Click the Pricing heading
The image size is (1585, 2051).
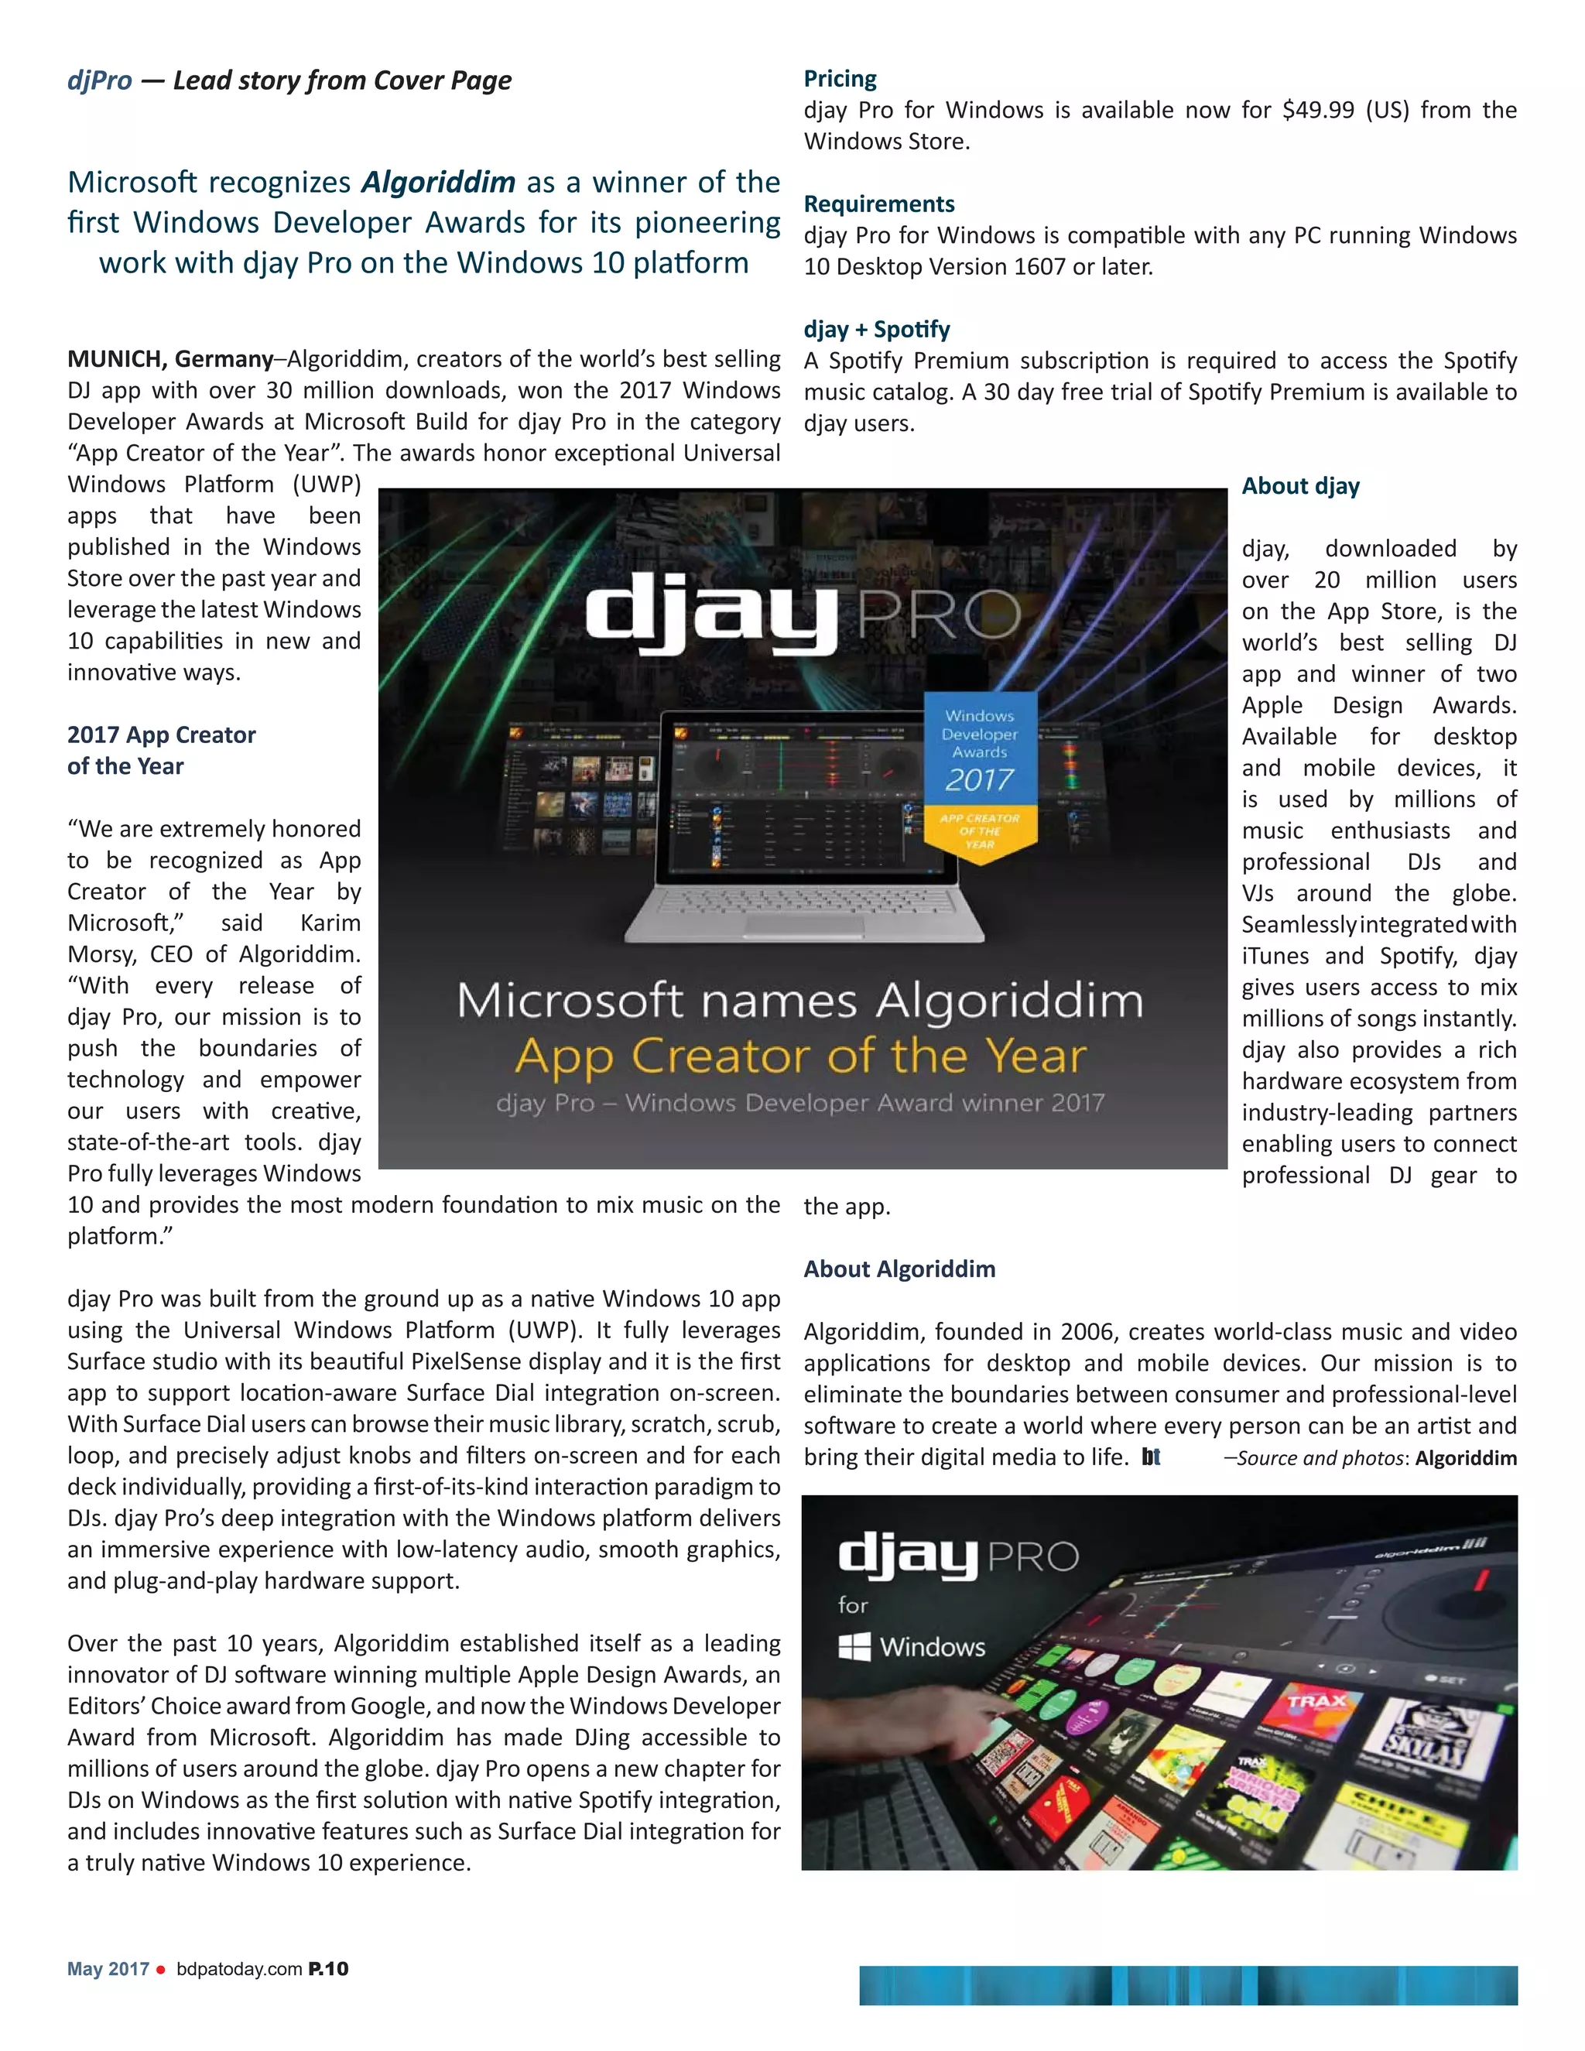click(840, 79)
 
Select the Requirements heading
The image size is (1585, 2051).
click(879, 204)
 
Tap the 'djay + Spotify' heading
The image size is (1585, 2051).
click(876, 330)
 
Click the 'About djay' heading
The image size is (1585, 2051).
click(1300, 485)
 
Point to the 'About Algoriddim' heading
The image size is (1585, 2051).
click(899, 1269)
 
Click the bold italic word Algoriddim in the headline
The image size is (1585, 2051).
click(439, 181)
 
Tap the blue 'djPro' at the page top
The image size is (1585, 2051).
click(100, 80)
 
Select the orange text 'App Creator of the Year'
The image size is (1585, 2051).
click(801, 1056)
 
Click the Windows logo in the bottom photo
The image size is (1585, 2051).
click(854, 1646)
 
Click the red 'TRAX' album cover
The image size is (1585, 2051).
click(1316, 1702)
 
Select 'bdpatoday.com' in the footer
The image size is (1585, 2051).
click(239, 1969)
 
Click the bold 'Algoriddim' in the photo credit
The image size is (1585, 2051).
click(1466, 1457)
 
